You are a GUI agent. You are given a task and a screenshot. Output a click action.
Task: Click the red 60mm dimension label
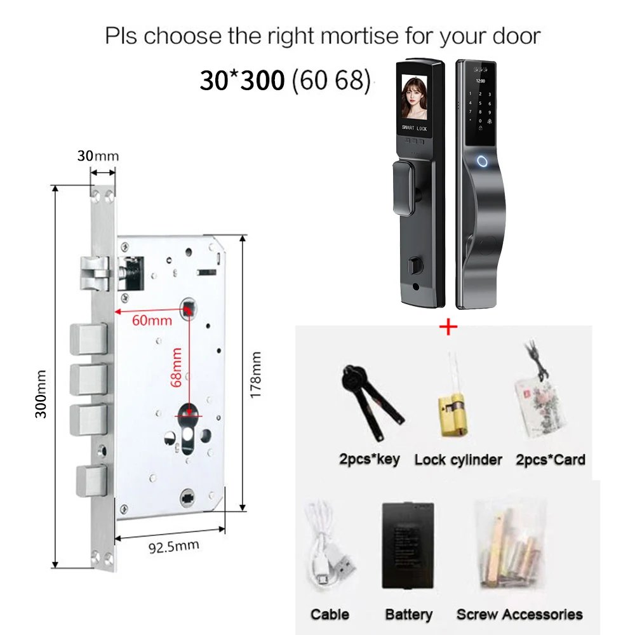pos(152,321)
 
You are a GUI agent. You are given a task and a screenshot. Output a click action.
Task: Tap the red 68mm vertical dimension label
pos(176,367)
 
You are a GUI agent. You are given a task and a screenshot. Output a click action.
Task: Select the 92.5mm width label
pos(174,547)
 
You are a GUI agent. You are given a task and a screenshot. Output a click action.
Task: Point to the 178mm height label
pos(255,375)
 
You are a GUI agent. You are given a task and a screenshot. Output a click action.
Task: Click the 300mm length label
pos(41,394)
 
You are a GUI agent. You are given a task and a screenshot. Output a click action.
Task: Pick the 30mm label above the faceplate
pos(98,156)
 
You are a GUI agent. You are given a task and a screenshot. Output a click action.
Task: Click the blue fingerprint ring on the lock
pos(482,162)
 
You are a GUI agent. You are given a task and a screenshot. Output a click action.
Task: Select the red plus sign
pos(448,326)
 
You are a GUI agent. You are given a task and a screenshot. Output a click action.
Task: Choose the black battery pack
pos(408,545)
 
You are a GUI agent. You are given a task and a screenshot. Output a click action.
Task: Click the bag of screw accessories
pos(511,545)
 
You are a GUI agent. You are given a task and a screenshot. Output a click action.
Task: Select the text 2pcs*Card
pos(551,460)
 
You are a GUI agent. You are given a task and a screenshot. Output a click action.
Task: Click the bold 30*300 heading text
pos(242,80)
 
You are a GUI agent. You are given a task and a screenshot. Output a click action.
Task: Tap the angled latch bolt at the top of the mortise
pos(95,274)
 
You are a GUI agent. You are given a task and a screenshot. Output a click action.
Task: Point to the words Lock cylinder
pos(458,460)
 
